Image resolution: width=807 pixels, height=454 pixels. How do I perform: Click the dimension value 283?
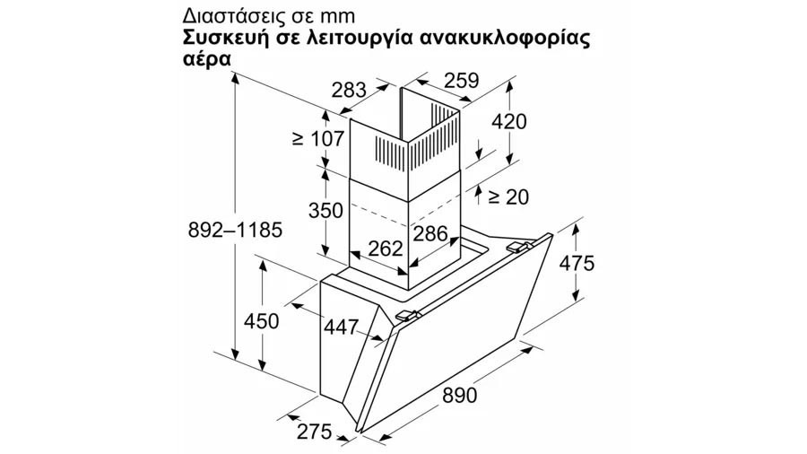point(349,90)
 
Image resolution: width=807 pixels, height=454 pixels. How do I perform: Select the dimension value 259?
point(461,81)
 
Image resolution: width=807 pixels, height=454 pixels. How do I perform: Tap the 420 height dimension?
point(509,122)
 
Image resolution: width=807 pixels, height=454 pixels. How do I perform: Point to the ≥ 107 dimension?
point(317,138)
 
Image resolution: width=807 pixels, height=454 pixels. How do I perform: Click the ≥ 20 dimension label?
point(507,196)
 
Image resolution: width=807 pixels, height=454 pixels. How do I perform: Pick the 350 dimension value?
point(325,211)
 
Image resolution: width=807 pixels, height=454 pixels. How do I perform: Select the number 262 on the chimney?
point(386,249)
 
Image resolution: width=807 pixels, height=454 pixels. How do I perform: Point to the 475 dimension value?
point(577,263)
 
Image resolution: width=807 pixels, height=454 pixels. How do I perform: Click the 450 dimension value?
point(262,321)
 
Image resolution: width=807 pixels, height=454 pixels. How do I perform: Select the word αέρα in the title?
point(206,58)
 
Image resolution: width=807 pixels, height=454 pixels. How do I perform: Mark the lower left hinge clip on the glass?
point(408,314)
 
